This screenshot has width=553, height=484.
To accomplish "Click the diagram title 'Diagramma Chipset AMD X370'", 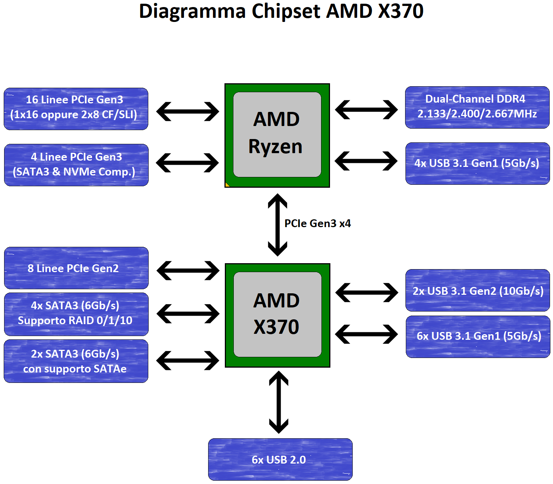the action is pos(281,12).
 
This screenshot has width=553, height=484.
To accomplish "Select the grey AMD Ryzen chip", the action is pos(277,135).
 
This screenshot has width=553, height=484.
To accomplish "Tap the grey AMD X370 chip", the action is pos(278,314).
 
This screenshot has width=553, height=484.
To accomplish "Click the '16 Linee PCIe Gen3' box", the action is pos(76,109).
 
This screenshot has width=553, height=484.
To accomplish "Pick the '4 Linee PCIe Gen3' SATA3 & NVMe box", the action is pos(76,165).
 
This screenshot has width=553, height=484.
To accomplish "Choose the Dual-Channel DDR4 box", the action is pos(477,107).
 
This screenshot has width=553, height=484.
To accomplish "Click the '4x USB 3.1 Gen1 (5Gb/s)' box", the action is pos(478,164).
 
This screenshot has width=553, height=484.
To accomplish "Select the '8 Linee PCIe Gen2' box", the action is pos(76,268).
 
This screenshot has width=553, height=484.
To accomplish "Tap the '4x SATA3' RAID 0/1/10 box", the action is pos(76,314).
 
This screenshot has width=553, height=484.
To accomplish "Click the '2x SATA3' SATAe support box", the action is pos(76,361).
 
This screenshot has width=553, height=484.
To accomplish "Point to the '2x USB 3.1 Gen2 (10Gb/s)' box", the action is pos(478,290).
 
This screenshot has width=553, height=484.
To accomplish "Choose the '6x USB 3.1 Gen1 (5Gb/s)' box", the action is pos(478,337).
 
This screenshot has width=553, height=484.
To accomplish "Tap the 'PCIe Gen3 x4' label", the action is pos(318,223).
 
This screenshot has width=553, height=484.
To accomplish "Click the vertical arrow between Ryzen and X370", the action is pos(278,225).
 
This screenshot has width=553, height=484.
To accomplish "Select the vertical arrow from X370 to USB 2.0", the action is pos(279,402).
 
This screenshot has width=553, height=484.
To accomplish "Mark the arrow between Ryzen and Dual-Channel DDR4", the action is pos(366,110).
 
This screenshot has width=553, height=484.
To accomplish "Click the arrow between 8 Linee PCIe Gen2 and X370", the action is pos(188,270).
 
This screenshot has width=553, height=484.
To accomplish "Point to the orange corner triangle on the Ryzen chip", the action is pos(227,185).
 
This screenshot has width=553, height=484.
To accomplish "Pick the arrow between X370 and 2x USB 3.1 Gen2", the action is pos(366,292).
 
